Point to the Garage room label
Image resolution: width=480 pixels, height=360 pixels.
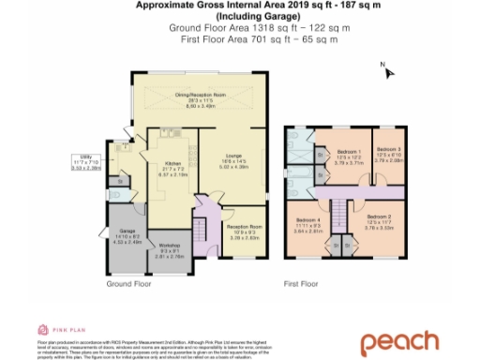click(x=124, y=237)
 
